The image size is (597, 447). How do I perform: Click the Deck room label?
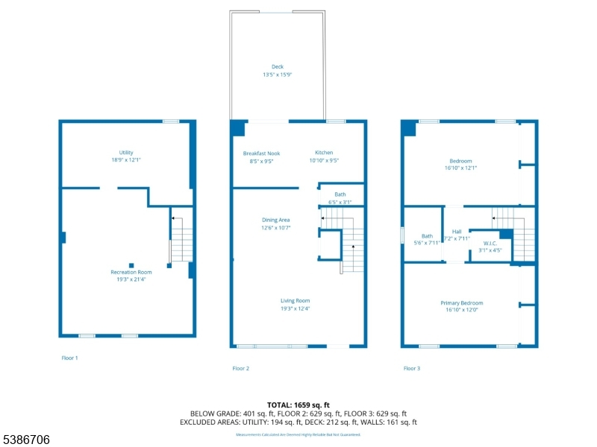(277, 66)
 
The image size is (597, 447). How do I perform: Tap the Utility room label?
(126, 153)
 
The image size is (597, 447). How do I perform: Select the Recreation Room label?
(131, 273)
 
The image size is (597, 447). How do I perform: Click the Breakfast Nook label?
(261, 153)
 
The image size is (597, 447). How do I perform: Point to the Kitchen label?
(324, 153)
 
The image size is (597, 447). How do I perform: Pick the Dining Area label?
(275, 220)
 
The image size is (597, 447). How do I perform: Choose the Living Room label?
(296, 300)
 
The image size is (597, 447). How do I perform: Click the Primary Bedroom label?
(461, 303)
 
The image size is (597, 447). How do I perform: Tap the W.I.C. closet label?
(490, 243)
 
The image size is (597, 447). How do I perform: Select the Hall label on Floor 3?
(457, 232)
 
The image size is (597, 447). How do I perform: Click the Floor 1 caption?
(69, 358)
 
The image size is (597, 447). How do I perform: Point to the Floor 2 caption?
(241, 368)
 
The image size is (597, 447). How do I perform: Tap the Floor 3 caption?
(412, 368)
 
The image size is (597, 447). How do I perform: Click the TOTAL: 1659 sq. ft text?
(298, 405)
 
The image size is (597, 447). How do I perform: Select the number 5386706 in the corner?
(26, 440)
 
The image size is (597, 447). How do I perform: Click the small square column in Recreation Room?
(131, 264)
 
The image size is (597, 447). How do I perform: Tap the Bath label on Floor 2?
(340, 194)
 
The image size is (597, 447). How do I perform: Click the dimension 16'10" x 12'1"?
(460, 168)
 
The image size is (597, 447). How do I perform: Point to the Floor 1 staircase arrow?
(174, 219)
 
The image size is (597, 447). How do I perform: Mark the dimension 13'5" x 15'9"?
(277, 74)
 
